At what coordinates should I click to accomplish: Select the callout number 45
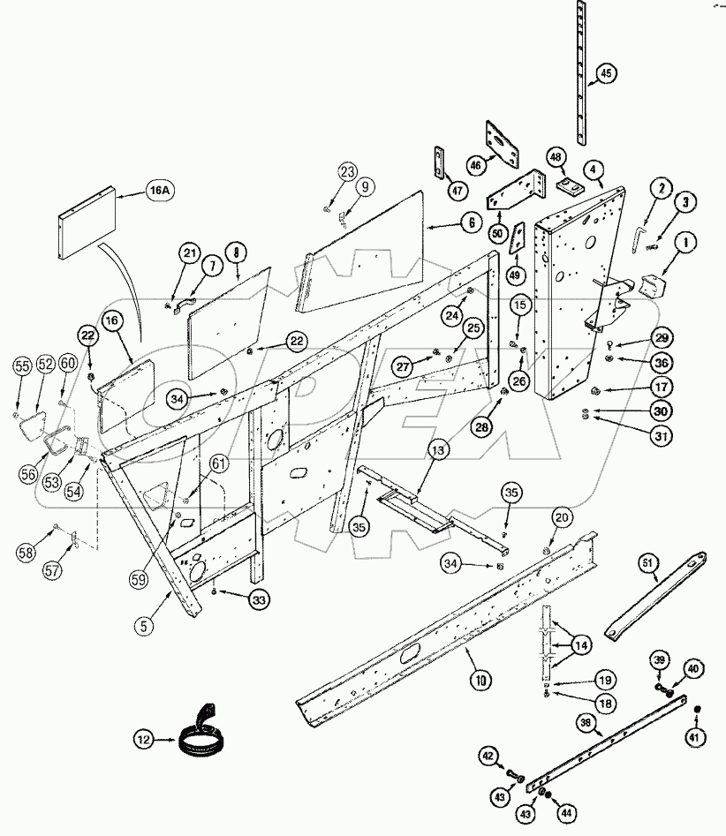605,73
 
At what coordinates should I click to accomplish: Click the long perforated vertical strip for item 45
581,71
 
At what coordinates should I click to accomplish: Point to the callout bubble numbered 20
562,516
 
